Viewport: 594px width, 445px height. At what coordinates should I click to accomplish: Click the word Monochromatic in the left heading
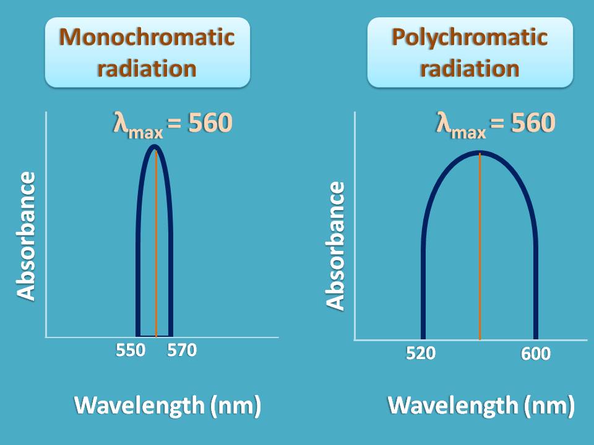[147, 37]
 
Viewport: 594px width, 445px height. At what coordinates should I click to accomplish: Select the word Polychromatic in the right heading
[470, 37]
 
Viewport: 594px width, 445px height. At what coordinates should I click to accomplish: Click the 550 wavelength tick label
[131, 350]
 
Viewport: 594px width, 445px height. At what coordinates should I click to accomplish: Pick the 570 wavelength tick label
[182, 350]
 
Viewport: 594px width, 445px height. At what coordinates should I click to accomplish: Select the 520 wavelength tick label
[421, 354]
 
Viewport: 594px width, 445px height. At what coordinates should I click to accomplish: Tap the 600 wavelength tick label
[535, 354]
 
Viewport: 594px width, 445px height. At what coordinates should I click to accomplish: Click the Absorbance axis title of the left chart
[27, 236]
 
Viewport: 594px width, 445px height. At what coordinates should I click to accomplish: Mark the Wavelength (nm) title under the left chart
[168, 405]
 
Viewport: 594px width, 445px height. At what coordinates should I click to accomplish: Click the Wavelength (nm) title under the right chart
[481, 405]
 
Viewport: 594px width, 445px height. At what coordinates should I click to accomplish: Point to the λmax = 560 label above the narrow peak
[172, 124]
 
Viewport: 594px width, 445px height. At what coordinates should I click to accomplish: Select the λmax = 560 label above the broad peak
[496, 124]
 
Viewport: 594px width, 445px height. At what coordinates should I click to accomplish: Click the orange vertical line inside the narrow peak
[156, 247]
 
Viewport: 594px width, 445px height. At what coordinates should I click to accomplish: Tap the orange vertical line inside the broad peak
[480, 247]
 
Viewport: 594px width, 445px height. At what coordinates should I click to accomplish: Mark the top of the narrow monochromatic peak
[155, 147]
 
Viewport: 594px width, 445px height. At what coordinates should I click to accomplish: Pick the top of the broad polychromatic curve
[480, 153]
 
